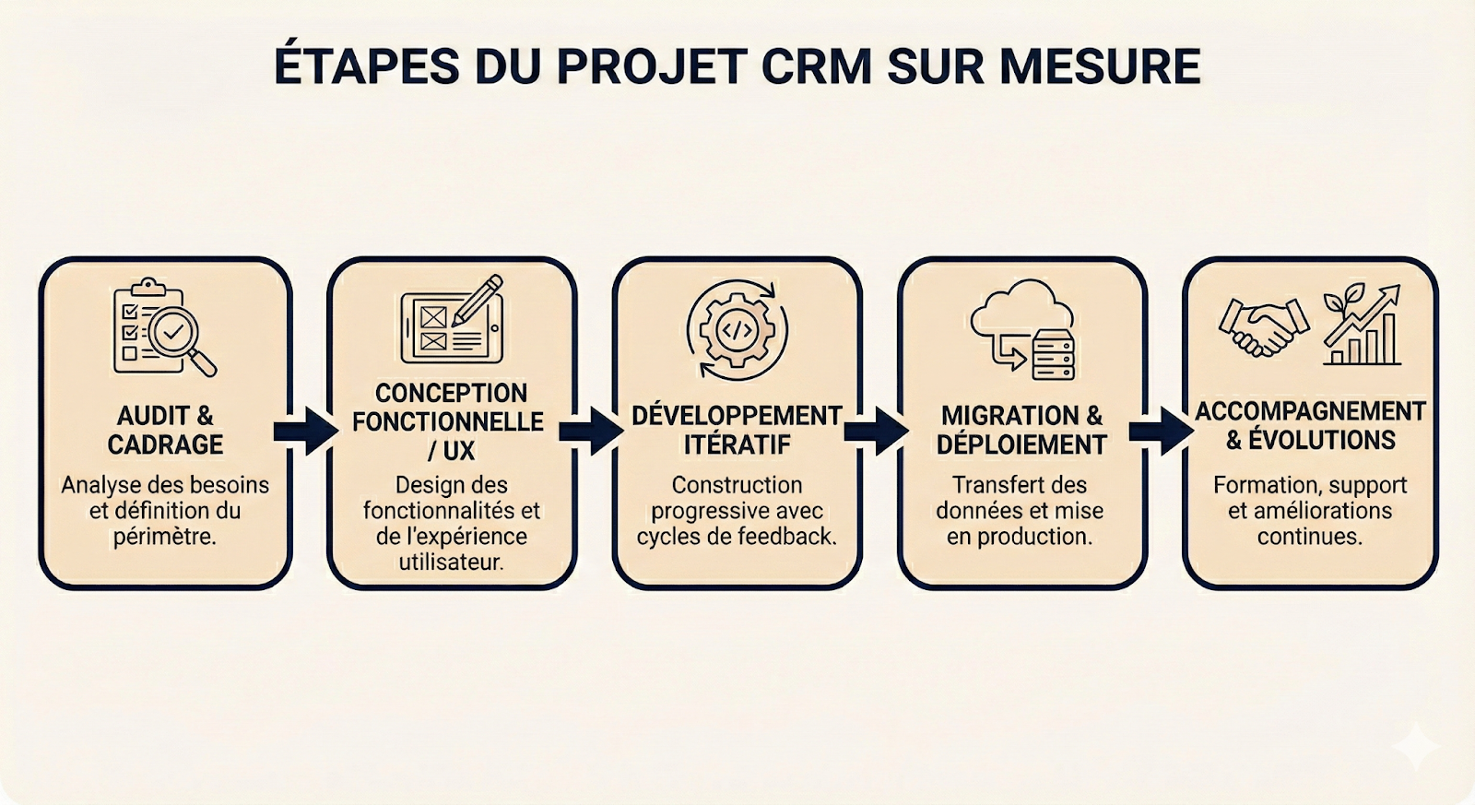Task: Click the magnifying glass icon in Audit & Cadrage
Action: tap(181, 337)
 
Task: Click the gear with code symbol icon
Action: tap(737, 330)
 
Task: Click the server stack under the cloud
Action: tap(1053, 355)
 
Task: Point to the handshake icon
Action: tap(1263, 326)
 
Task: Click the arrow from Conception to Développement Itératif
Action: tap(592, 431)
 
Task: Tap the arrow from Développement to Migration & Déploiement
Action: tap(877, 431)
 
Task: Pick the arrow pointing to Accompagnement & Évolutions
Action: tap(1162, 431)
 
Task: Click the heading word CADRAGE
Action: tap(165, 445)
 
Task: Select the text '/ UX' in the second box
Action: tap(451, 451)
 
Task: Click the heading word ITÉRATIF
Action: tap(737, 445)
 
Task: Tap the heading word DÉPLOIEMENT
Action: tap(1021, 445)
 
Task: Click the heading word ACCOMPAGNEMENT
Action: tap(1310, 411)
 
